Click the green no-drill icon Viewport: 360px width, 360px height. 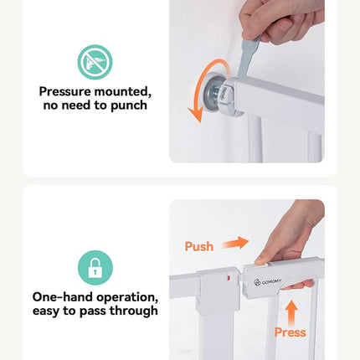coord(95,62)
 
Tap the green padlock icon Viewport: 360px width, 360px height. coord(95,268)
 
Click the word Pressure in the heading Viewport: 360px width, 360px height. coord(65,91)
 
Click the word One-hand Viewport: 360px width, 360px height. coord(63,297)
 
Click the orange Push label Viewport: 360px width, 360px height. coord(199,246)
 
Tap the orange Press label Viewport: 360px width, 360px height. coord(291,332)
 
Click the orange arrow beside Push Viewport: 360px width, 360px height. coord(235,243)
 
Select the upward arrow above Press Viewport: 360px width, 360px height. coord(291,312)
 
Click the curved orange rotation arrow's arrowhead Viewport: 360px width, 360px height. coord(196,115)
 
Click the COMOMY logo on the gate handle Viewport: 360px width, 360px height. coord(267,282)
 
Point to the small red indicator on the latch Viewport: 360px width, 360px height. coord(229,278)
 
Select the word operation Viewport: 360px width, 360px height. coord(127,297)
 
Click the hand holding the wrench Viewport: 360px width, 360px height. coord(282,21)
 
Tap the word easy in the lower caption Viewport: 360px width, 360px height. coord(46,311)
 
